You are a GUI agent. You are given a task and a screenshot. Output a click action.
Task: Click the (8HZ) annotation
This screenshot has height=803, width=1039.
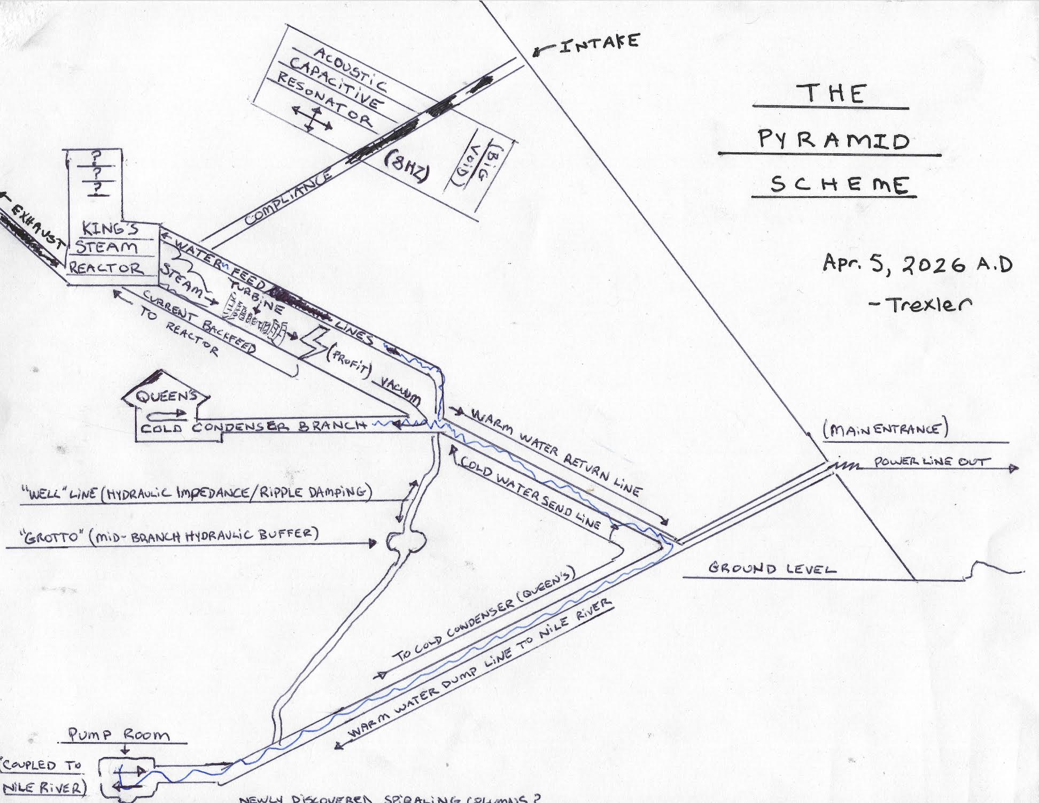(406, 168)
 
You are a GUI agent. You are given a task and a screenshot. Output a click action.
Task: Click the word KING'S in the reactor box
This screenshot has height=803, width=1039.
(110, 228)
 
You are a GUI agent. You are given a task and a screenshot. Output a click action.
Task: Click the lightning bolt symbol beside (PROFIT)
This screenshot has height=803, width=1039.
(313, 342)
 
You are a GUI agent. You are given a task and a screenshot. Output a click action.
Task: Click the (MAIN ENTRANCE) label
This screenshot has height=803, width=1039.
(885, 430)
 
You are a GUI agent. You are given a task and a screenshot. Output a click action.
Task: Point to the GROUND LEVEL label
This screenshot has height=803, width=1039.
(772, 568)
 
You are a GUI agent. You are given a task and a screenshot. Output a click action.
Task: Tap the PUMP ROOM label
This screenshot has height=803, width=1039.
(119, 735)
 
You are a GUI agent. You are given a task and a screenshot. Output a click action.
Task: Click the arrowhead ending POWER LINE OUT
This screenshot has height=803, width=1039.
(1013, 468)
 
